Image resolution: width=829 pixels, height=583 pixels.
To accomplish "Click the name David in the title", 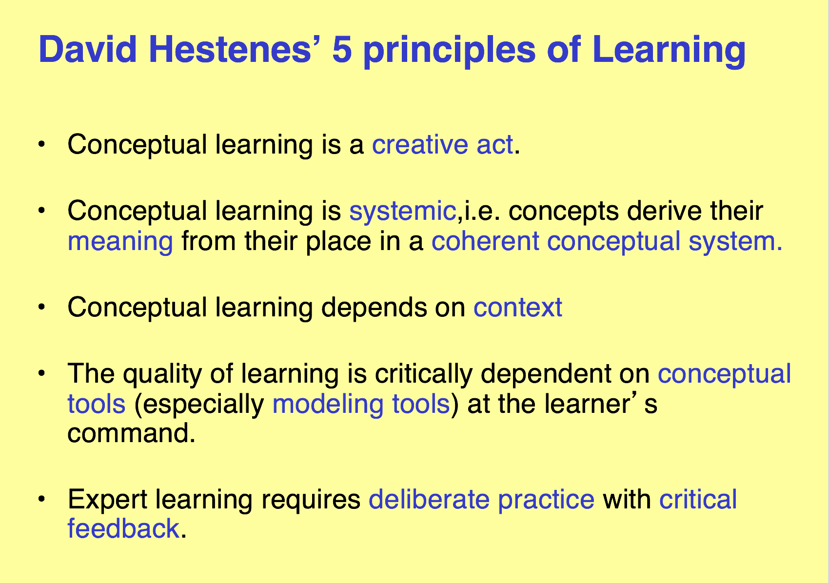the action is coord(88,50).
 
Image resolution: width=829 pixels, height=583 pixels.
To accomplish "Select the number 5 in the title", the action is coord(342,50).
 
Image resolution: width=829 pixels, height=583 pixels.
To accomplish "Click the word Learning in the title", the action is coord(669,52).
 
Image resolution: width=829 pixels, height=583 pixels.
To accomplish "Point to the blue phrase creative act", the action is coord(442,144).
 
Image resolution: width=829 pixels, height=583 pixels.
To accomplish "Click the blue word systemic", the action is coord(403,211).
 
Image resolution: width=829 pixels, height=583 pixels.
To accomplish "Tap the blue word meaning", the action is coord(120,242).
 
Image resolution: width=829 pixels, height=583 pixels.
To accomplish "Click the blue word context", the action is coord(518,308).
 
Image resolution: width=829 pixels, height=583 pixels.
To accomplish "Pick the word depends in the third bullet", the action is coord(374,308).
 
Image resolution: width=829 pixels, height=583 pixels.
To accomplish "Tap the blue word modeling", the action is coord(328,404).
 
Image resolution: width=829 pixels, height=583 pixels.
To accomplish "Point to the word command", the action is coord(131,433).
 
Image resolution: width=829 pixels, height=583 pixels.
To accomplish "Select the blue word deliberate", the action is coord(429,499).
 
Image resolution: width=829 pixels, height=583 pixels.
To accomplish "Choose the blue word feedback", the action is coord(123,528).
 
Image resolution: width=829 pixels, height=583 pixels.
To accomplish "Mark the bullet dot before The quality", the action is coord(41,373).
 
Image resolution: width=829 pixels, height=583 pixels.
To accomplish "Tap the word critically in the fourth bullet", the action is coord(424,374).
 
